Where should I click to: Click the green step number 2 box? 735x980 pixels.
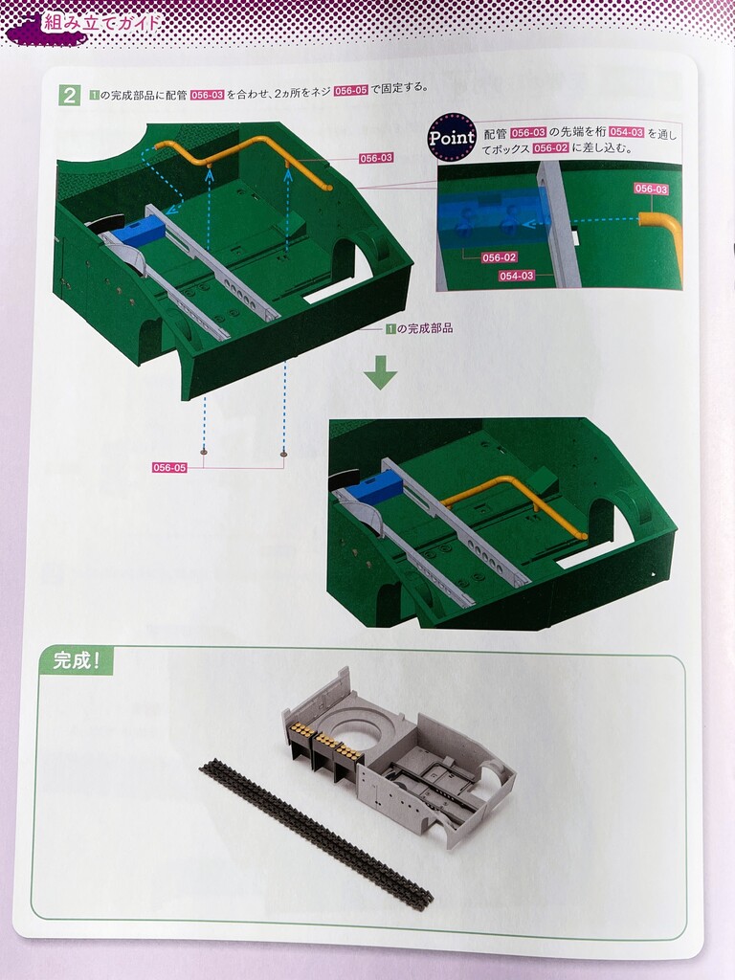(x=69, y=95)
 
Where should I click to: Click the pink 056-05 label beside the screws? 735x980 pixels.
(x=169, y=467)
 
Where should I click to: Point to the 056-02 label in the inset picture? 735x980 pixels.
(x=500, y=257)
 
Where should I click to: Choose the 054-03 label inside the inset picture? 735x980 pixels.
(x=517, y=276)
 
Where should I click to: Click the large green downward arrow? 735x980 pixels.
(x=381, y=372)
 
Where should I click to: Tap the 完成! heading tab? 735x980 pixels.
(x=77, y=660)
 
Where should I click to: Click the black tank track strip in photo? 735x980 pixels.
(x=316, y=832)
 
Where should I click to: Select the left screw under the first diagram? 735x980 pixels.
(x=205, y=451)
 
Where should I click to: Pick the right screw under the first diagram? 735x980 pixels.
(x=284, y=456)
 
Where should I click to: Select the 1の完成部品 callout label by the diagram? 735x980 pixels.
(x=419, y=328)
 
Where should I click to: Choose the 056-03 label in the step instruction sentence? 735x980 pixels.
(x=207, y=95)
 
